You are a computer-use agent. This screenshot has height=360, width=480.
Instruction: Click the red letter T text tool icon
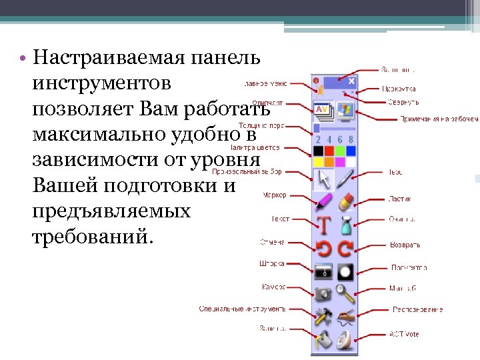pos(323,225)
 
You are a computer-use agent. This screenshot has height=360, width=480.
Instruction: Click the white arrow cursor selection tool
pos(323,179)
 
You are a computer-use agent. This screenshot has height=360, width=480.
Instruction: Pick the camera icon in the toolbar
pos(323,293)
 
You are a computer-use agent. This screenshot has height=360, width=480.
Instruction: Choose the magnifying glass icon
pos(345,293)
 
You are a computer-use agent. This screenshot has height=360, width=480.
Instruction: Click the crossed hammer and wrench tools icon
pos(323,316)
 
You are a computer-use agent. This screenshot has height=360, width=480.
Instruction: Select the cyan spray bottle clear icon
pos(345,225)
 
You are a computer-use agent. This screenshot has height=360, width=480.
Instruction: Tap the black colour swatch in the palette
pos(318,151)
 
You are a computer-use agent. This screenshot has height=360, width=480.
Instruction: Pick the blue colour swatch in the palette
pos(351,151)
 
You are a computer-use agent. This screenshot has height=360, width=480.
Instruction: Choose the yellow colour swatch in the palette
pos(318,162)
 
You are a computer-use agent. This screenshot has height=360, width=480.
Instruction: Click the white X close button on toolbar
pos(351,81)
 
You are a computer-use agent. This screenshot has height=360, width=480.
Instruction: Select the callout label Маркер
pos(274,195)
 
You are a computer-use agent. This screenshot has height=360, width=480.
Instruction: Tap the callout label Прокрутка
pos(399,89)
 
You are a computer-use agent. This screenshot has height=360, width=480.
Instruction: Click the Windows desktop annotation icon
pos(345,109)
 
